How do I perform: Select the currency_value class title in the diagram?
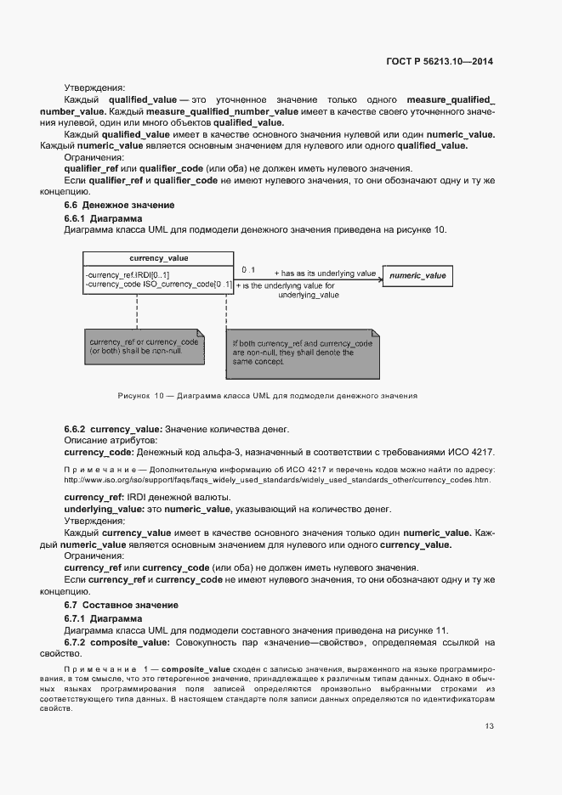point(158,258)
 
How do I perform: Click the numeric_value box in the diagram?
point(417,276)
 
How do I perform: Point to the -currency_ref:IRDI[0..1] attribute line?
point(128,274)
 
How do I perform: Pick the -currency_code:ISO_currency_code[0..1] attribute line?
point(158,285)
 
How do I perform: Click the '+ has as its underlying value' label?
point(324,273)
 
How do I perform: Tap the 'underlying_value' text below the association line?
point(309,295)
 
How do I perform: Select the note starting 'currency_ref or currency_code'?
point(144,346)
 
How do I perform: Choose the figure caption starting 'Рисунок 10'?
point(267,396)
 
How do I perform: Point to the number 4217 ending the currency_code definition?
point(481,452)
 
